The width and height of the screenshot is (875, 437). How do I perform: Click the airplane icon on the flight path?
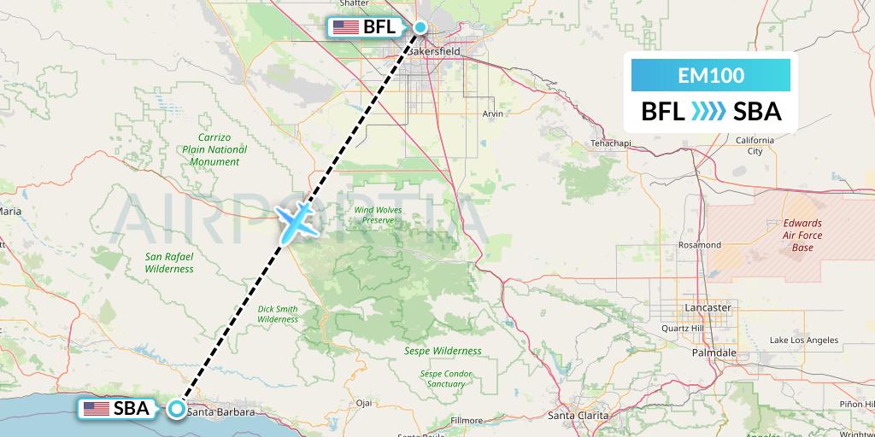tap(295, 221)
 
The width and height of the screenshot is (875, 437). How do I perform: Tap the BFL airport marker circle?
tap(420, 27)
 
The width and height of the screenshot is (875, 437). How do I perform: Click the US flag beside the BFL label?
tap(346, 27)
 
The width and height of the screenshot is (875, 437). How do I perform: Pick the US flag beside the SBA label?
tap(96, 409)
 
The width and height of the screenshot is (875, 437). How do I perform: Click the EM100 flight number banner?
tap(711, 75)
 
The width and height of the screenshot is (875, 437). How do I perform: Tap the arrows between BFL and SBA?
tap(707, 112)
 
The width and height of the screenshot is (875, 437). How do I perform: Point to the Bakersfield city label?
tap(433, 51)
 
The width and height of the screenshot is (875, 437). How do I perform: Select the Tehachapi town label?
tap(610, 143)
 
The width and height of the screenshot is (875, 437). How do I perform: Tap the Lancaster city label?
tap(708, 307)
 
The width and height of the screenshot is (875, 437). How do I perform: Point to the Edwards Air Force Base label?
tap(802, 235)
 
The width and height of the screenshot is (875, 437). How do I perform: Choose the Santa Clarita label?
tap(578, 416)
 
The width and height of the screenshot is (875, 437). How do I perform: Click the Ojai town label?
tap(365, 403)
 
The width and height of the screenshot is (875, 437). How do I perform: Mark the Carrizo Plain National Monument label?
tap(215, 149)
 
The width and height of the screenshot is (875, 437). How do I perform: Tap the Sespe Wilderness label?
tap(443, 351)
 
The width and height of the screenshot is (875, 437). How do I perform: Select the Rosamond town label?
tap(699, 245)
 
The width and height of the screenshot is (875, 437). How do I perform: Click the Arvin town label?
tap(492, 113)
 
